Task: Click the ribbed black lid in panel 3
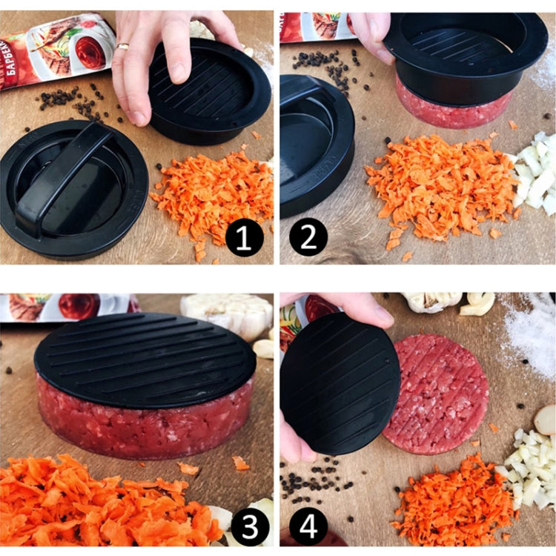145,360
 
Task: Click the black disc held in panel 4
337,385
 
